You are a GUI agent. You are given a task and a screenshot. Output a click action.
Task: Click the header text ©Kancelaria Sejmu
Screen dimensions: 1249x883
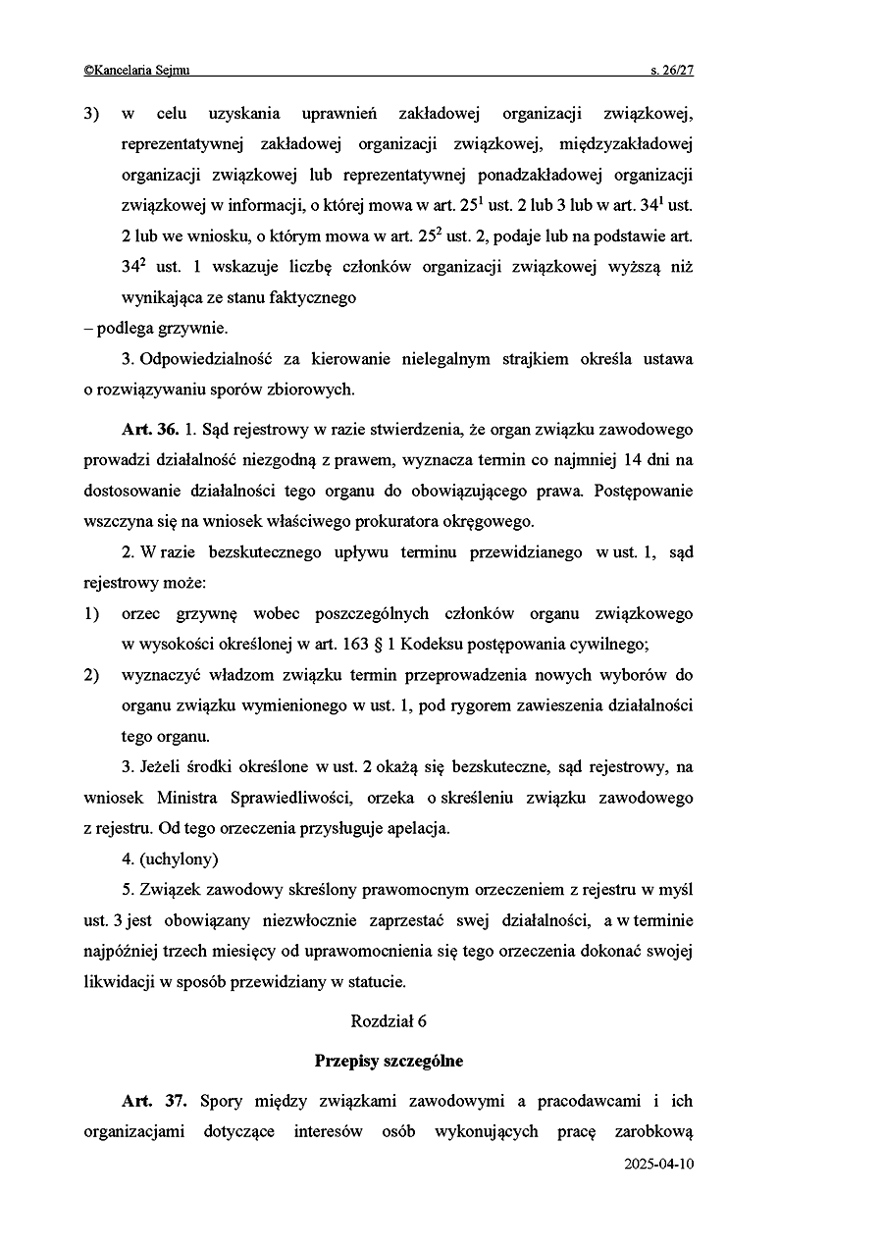pyautogui.click(x=137, y=70)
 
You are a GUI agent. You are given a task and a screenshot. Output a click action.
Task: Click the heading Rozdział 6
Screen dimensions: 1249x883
pyautogui.click(x=389, y=1020)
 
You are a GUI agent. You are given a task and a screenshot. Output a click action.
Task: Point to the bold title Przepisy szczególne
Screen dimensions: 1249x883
pyautogui.click(x=389, y=1061)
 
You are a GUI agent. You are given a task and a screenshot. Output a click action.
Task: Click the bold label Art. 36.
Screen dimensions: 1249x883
pyautogui.click(x=150, y=430)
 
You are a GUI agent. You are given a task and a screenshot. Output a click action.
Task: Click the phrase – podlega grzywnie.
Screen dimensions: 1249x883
pyautogui.click(x=156, y=329)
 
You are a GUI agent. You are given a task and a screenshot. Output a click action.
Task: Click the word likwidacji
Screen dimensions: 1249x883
pyautogui.click(x=121, y=981)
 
